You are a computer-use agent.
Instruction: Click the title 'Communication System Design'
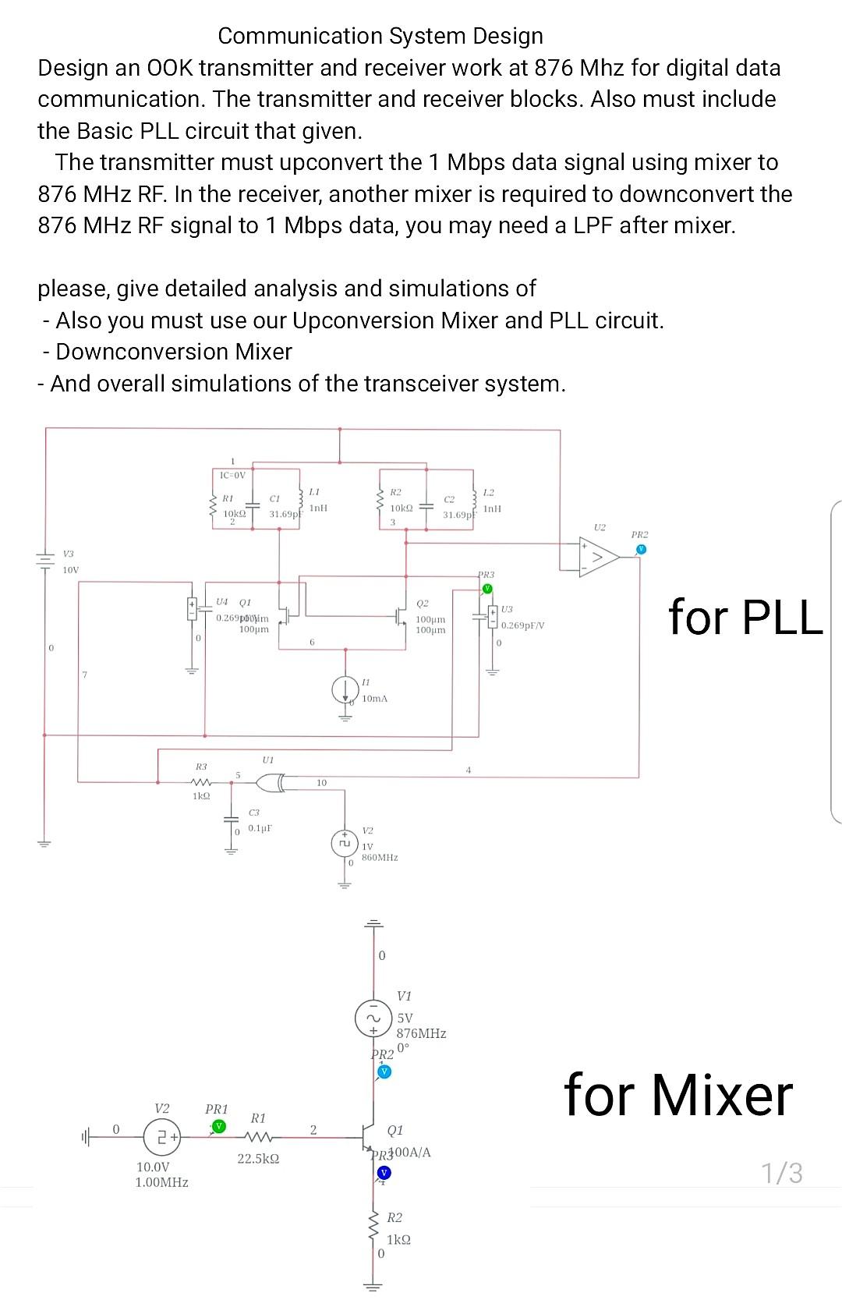[x=380, y=36]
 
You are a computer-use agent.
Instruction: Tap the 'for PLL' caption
[x=745, y=617]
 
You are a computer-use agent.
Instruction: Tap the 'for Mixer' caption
[x=678, y=1095]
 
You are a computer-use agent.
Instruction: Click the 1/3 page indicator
[x=782, y=1173]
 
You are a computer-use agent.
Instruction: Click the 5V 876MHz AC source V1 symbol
[x=373, y=1018]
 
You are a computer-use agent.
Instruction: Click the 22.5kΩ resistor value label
[x=258, y=1159]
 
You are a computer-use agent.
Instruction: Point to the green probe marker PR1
[x=219, y=1126]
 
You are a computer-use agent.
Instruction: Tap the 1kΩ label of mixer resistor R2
[x=398, y=1239]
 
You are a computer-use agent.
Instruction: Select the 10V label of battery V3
[x=71, y=570]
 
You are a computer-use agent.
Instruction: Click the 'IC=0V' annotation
[x=232, y=475]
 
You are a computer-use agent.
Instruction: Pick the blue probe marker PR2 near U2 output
[x=640, y=549]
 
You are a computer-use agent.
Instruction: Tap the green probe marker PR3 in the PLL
[x=487, y=588]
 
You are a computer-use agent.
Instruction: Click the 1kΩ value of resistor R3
[x=201, y=795]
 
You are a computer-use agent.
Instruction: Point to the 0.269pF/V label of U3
[x=523, y=625]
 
